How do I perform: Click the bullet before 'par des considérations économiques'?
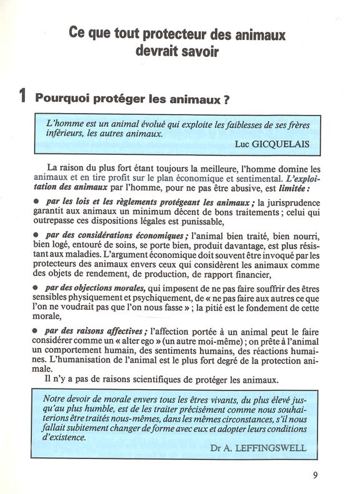point(37,235)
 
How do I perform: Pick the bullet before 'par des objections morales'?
point(37,287)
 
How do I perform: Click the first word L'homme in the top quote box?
point(64,123)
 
